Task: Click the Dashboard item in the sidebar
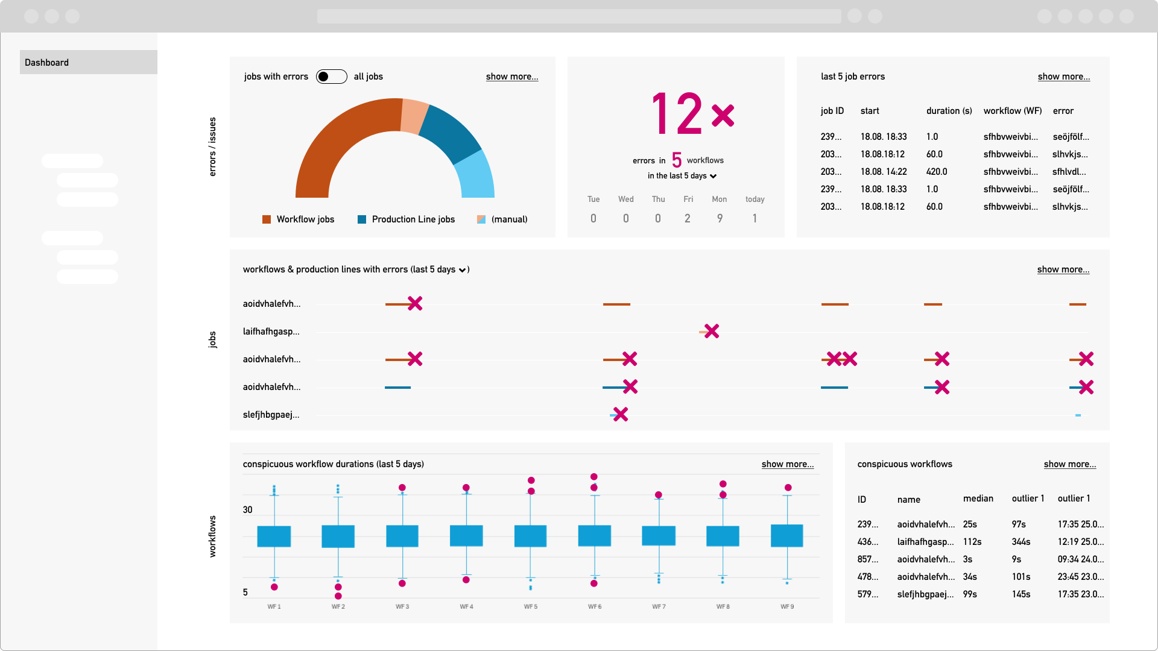47,63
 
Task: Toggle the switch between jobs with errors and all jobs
331,77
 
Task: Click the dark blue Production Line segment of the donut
451,133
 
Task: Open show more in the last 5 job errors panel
1063,77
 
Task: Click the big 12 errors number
677,113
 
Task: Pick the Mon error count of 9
720,218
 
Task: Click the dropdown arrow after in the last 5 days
713,176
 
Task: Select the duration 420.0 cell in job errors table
937,172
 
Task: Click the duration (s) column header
949,111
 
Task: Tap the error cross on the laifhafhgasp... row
712,331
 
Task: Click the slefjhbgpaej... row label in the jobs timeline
271,415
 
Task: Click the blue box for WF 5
530,536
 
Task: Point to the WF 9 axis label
787,606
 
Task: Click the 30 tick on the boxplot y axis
247,510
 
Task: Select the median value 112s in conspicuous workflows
972,542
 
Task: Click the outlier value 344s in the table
1021,542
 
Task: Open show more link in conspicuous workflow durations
787,464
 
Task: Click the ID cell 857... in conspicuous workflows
868,559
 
